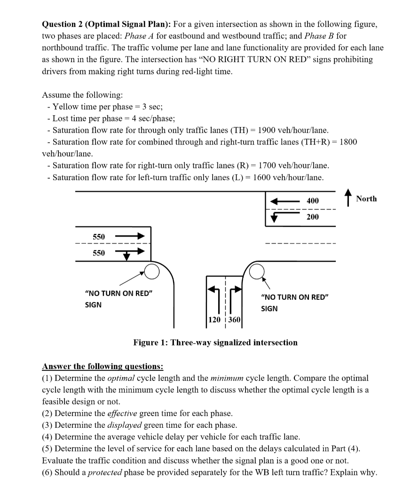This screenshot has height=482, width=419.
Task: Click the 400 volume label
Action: (x=312, y=201)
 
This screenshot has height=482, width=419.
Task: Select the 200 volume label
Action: (x=312, y=217)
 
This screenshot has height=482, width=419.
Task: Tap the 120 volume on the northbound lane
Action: (x=214, y=320)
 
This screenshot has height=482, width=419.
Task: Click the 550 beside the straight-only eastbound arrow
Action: (x=99, y=236)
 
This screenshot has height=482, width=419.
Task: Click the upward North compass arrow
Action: (x=348, y=198)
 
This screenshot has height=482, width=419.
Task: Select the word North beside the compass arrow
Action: (x=366, y=199)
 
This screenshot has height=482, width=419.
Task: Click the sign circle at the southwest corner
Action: (x=151, y=271)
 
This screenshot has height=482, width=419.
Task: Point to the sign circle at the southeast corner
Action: (x=256, y=271)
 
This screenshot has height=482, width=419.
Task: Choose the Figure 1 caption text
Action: (x=215, y=343)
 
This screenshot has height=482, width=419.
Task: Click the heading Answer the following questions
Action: (x=103, y=366)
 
